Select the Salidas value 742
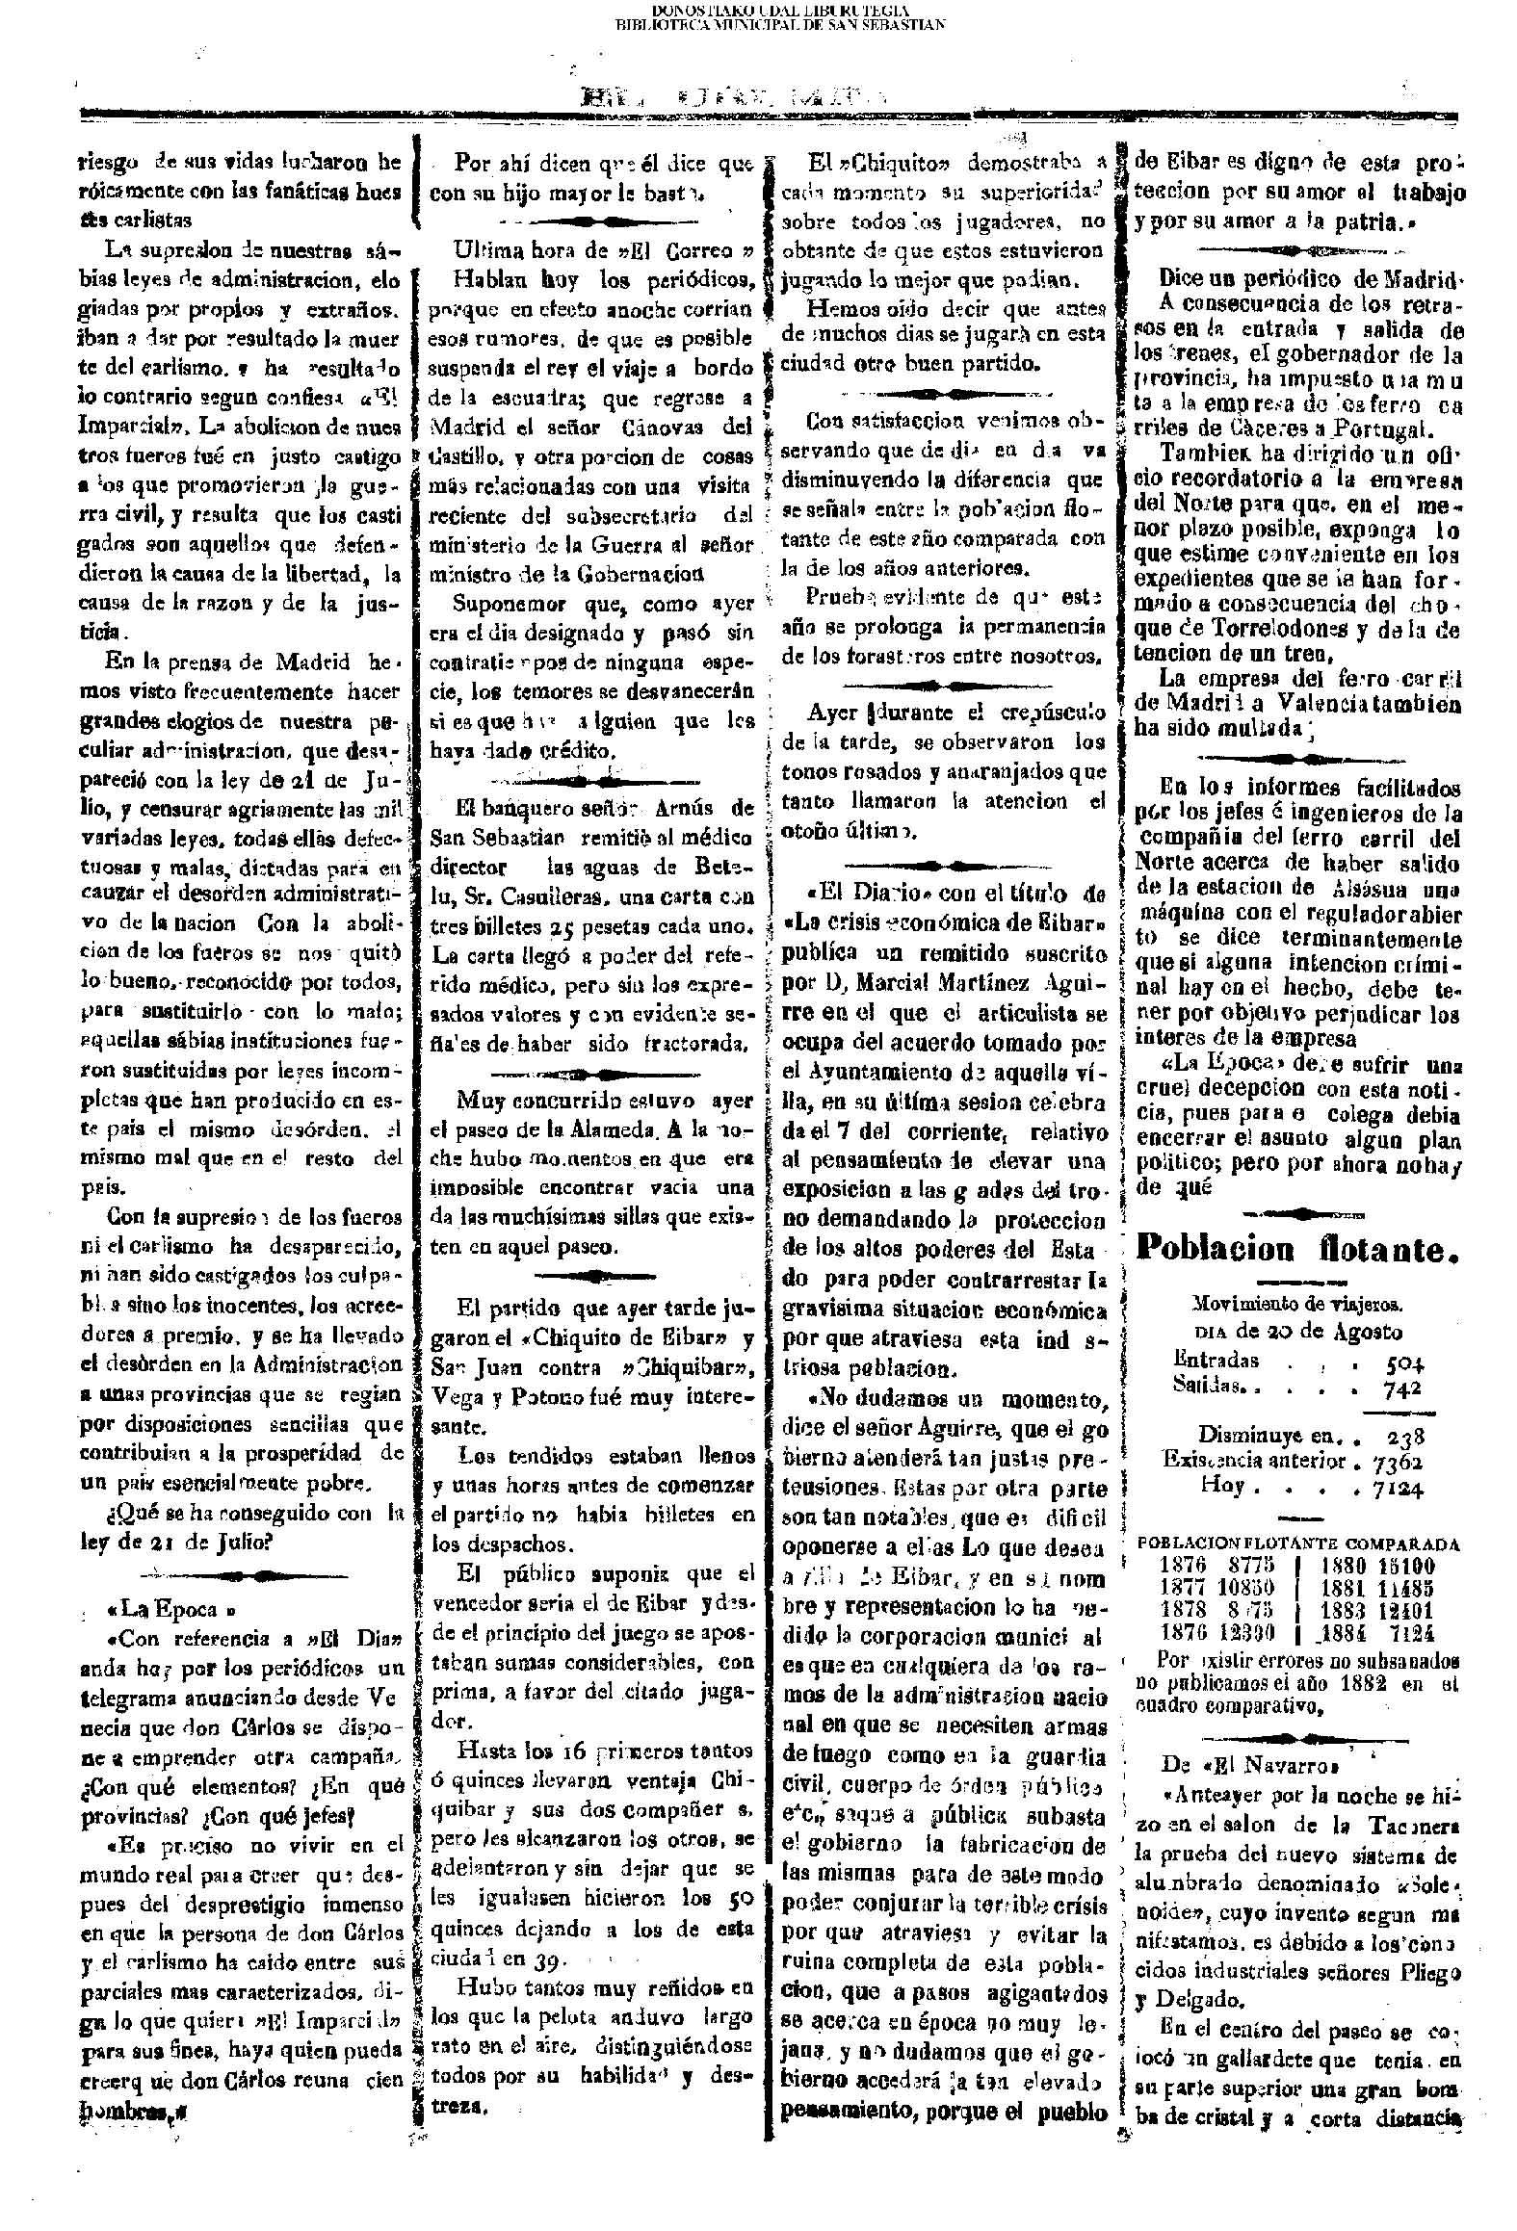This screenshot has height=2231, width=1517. point(1403,1386)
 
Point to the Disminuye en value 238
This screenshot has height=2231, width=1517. point(1405,1436)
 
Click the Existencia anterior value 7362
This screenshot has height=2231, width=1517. point(1399,1461)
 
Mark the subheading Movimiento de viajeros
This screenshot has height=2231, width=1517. point(1296,1306)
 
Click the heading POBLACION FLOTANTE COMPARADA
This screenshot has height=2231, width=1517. point(1298,1543)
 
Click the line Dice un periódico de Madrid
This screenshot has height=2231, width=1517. point(1310,279)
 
